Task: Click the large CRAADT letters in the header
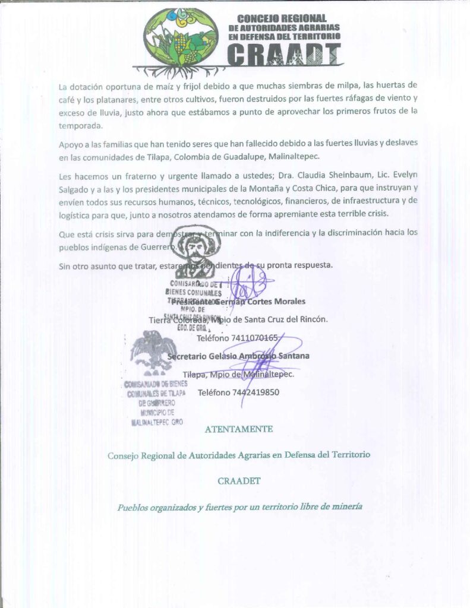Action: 285,55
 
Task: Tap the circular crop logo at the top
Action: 182,37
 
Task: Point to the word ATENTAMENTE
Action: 239,429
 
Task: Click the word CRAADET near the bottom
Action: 239,481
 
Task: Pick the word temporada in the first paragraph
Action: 80,126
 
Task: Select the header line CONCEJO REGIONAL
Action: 282,18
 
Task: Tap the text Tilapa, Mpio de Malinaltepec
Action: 238,374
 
